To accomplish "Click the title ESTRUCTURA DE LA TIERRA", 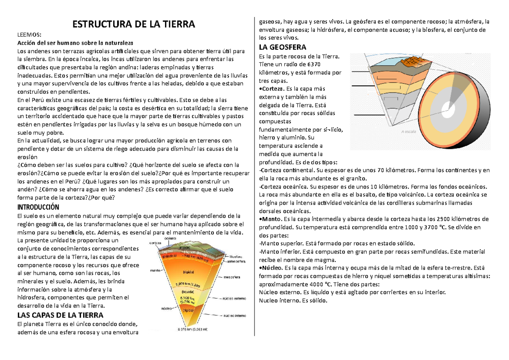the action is click(134, 24).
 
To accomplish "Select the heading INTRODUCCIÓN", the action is click(38, 207).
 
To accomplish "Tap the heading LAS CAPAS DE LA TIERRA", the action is click(60, 315).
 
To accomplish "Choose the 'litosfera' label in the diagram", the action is click(236, 256).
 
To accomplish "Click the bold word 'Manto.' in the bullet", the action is click(271, 219).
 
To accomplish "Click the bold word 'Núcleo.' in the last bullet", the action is click(272, 268).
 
